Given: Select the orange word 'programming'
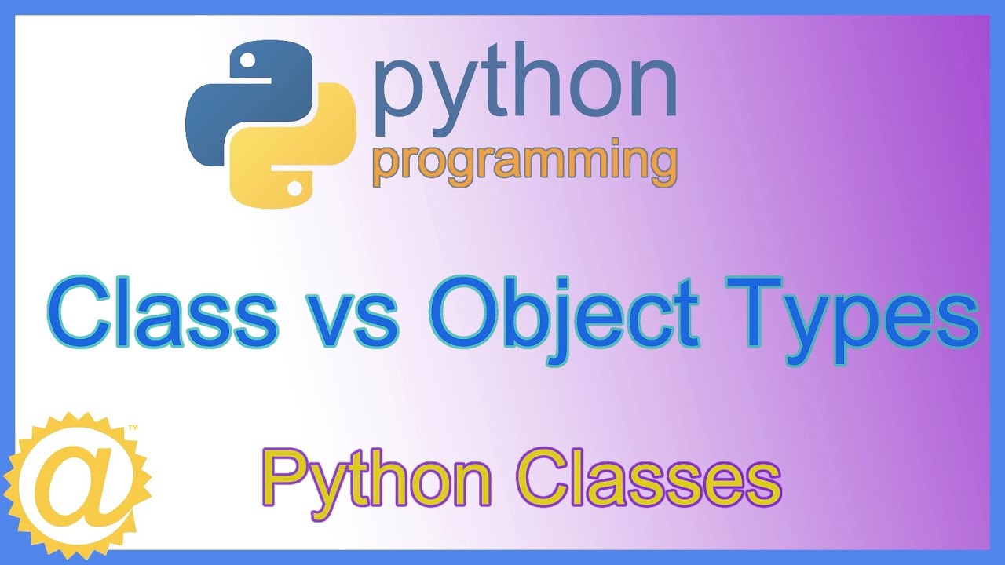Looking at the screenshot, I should point(524,163).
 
